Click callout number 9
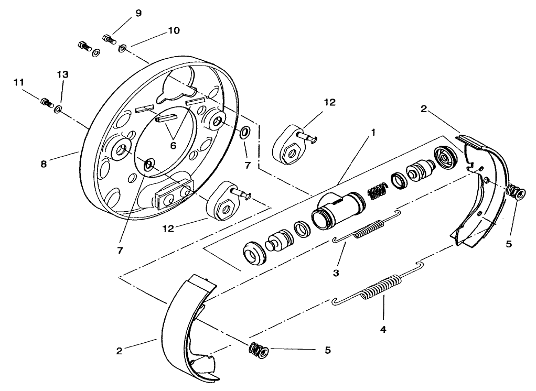(x=138, y=14)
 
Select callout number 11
(x=19, y=82)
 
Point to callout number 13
(x=62, y=75)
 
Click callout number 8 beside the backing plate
(x=44, y=164)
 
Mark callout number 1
(x=373, y=133)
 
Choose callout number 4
(x=383, y=330)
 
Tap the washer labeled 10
(x=122, y=49)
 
